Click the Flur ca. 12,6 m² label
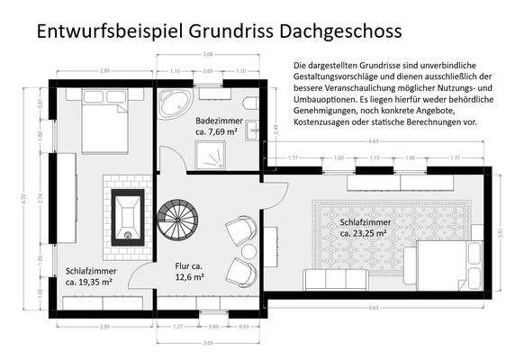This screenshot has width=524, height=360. pyautogui.click(x=189, y=272)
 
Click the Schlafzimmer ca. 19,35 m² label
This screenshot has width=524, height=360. pyautogui.click(x=88, y=275)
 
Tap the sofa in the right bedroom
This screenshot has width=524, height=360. pyautogui.click(x=334, y=279)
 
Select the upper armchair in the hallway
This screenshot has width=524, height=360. pyautogui.click(x=240, y=231)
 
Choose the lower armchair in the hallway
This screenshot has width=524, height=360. pyautogui.click(x=240, y=271)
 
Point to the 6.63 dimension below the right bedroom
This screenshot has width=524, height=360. pyautogui.click(x=373, y=309)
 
